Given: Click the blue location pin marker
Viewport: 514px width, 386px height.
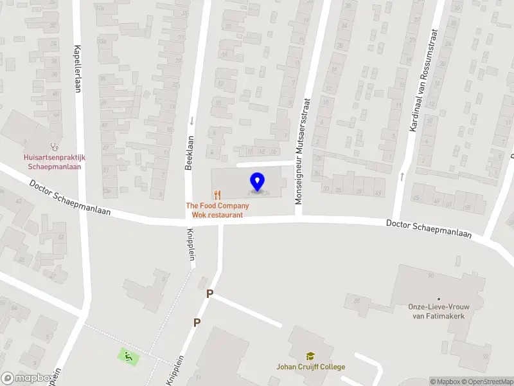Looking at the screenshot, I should pos(258,182).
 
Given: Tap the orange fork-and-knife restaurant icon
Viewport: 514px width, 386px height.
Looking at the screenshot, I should pos(218,194).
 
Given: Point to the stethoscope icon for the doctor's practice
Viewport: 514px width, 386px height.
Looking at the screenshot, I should pos(55,147).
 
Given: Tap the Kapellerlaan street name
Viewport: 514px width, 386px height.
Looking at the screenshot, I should pos(77,69).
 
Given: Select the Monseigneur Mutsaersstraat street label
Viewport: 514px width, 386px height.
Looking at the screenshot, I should pos(303,152).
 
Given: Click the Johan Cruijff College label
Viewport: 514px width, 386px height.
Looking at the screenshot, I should pos(310,367).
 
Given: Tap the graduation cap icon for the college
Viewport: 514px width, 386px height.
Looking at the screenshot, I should pos(310,356).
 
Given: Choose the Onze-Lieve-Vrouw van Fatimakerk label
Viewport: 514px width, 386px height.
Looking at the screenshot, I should pos(440,311).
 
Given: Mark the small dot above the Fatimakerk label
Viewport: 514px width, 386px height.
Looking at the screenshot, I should pos(439,299).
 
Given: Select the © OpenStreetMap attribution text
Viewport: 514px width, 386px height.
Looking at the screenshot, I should pos(488,381).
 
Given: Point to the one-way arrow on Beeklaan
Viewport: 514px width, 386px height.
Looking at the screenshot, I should pos(191,120).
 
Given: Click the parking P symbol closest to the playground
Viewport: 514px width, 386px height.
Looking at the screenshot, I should pos(197,322).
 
